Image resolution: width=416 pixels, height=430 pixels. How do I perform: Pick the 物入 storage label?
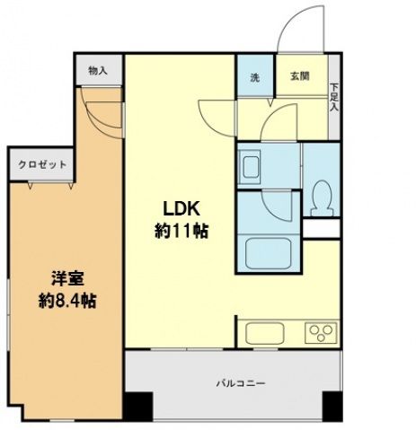98,71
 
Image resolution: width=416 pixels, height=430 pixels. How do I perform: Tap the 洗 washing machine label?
253,76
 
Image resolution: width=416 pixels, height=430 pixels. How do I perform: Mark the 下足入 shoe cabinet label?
333,97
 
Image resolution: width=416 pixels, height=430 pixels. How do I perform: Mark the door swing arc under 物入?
102,113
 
